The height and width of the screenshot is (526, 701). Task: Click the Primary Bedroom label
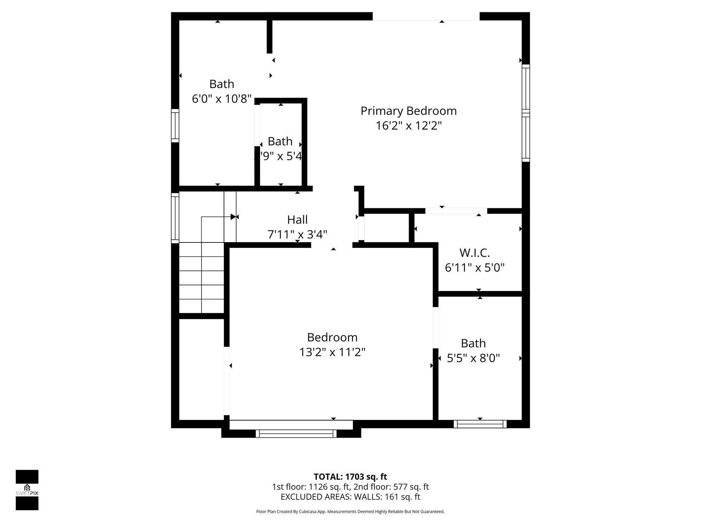[x=408, y=111]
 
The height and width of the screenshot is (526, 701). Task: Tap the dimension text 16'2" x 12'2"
[x=408, y=126]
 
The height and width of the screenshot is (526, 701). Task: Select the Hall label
[x=297, y=220]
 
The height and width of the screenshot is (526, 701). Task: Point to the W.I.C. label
[x=474, y=253]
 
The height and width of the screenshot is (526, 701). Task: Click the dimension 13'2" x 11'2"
[x=332, y=352]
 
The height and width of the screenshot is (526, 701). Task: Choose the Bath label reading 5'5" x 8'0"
[x=473, y=343]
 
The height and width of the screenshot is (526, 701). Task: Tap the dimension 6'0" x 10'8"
[x=222, y=99]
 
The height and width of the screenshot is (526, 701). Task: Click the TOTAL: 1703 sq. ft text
[x=350, y=477]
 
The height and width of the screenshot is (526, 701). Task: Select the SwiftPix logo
[x=27, y=490]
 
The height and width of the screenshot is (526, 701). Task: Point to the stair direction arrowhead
[x=233, y=217]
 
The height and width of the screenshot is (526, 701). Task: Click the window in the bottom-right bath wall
[x=480, y=424]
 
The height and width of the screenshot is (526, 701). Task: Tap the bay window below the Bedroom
[x=296, y=434]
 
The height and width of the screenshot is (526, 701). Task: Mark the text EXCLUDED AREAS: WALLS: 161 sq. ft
[x=350, y=497]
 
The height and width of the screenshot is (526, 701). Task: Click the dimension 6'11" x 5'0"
[x=474, y=267]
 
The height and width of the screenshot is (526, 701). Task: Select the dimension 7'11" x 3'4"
[x=297, y=235]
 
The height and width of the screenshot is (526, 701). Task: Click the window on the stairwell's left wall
[x=175, y=218]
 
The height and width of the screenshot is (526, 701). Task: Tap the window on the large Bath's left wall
[x=175, y=125]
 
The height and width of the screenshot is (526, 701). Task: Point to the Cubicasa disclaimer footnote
[x=350, y=512]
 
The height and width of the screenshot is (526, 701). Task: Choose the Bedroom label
[x=332, y=337]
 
